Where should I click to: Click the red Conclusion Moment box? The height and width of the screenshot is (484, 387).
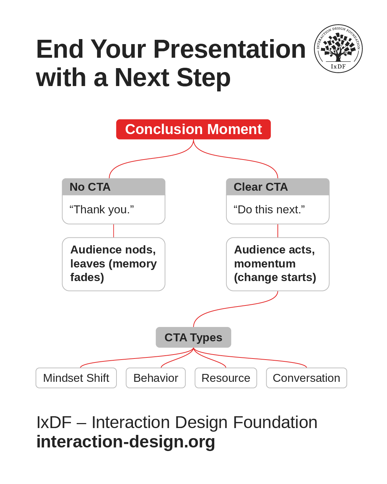193,129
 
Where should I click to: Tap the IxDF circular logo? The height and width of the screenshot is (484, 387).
338,49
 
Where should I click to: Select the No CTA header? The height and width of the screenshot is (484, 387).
114,187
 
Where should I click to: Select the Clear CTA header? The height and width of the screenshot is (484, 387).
278,187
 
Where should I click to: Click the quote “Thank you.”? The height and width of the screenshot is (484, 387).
102,209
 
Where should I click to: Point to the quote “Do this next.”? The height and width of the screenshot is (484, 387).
269,209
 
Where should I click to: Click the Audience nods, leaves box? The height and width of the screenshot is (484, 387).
114,264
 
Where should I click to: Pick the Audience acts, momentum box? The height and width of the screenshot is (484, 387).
278,264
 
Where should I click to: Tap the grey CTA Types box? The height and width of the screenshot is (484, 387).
193,337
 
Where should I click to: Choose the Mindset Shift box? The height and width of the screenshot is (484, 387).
76,378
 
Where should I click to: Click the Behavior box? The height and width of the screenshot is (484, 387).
156,378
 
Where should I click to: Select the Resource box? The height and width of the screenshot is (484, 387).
226,378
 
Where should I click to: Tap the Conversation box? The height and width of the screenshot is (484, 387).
306,378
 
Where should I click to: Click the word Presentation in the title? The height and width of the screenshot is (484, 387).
229,49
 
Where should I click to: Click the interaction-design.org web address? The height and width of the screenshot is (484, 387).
126,442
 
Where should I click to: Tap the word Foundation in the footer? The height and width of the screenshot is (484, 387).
275,422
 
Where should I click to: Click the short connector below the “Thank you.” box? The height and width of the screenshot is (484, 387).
114,231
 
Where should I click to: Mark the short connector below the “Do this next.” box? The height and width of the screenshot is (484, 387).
278,231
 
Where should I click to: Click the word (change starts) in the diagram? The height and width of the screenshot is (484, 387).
275,277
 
